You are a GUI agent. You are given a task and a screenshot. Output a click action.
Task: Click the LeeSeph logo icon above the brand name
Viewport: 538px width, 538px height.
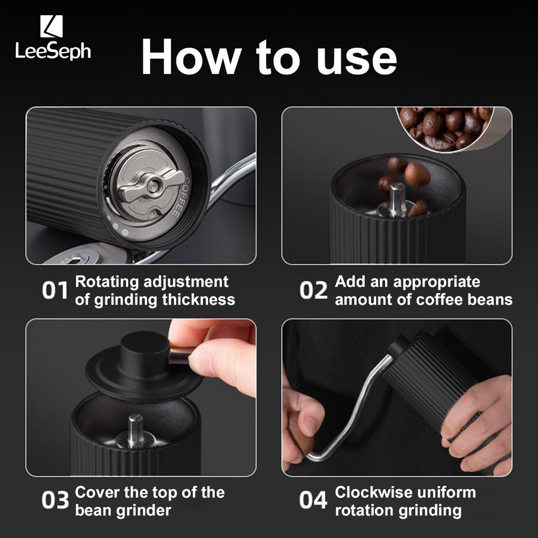pos(51,26)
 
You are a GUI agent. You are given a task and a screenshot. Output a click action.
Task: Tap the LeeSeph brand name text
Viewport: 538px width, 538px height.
pos(53,51)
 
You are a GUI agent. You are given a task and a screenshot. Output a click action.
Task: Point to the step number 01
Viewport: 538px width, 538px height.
pos(55,290)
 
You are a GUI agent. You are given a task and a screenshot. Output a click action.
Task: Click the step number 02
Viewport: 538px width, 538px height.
pos(314,290)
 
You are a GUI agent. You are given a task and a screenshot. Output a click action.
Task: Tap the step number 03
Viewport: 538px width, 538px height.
pos(55,500)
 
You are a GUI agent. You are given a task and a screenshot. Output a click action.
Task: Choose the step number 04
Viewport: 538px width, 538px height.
pos(313,500)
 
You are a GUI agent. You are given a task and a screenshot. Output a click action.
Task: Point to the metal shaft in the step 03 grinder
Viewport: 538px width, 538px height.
pos(135,431)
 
